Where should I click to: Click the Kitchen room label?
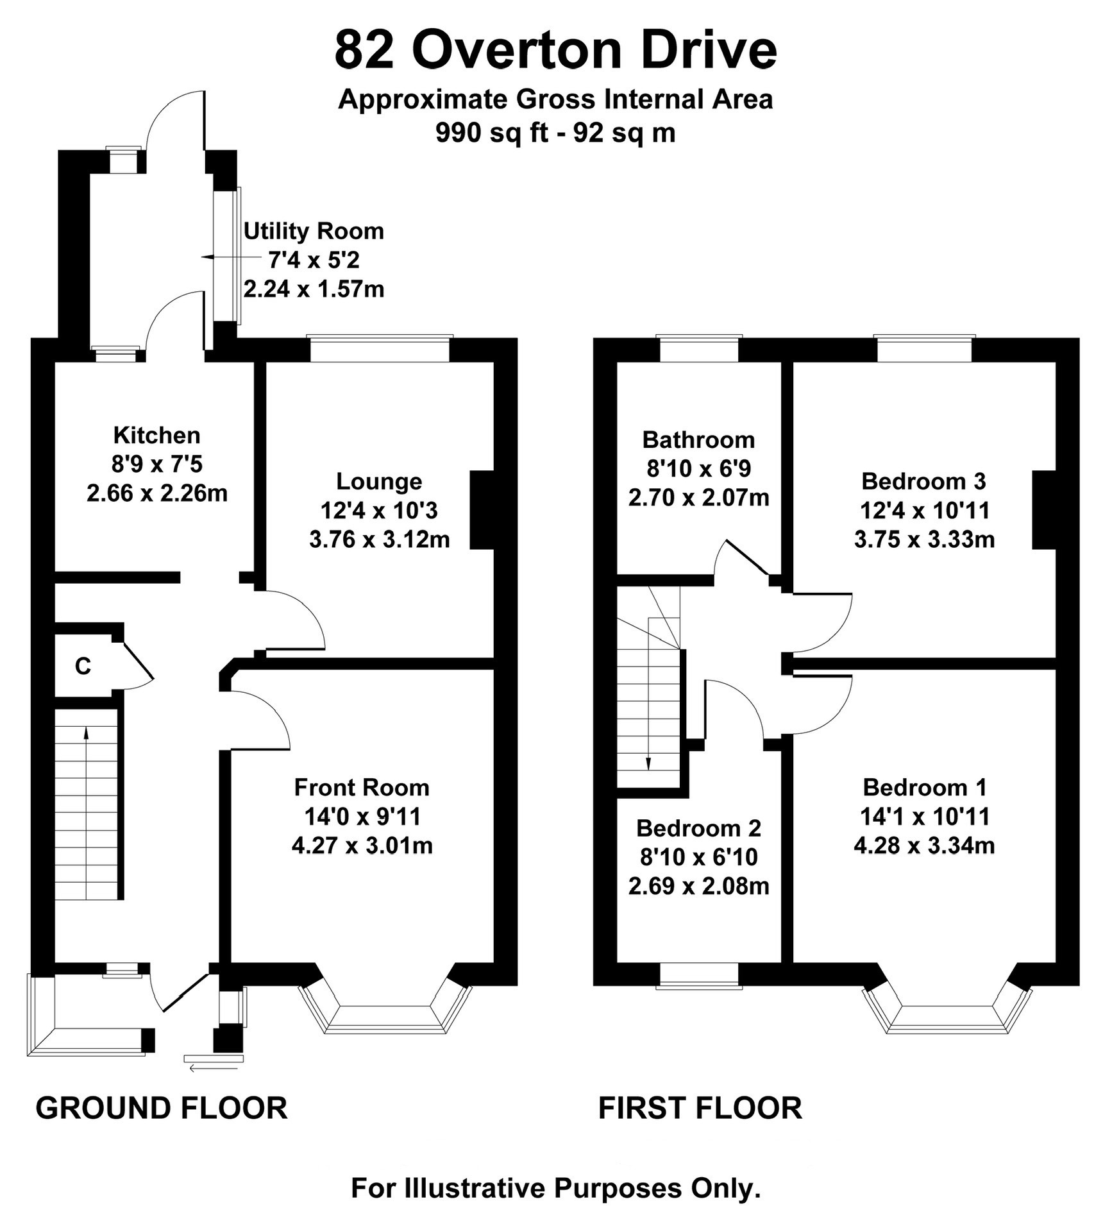click(156, 435)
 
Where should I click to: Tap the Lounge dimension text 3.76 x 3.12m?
click(379, 540)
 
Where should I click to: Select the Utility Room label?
click(314, 231)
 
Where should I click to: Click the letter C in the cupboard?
click(83, 667)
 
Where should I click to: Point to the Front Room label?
click(362, 787)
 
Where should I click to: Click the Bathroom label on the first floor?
click(698, 439)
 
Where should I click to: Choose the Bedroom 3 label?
click(923, 480)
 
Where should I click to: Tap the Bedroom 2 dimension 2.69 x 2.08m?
click(698, 886)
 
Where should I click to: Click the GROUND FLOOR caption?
click(162, 1108)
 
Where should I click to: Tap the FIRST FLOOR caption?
click(700, 1108)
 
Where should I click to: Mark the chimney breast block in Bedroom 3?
click(1043, 510)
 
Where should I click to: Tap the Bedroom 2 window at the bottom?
click(698, 975)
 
